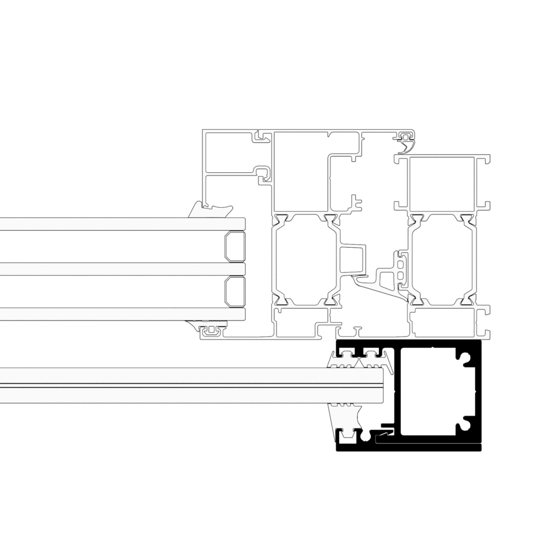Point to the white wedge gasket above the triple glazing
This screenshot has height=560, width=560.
point(211,210)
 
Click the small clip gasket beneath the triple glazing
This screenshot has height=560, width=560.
point(211,330)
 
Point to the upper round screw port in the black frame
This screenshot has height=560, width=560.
point(466,359)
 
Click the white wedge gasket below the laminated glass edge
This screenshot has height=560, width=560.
point(345,421)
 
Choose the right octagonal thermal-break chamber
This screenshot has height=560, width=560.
point(440,259)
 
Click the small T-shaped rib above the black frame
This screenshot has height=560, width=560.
point(357,331)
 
